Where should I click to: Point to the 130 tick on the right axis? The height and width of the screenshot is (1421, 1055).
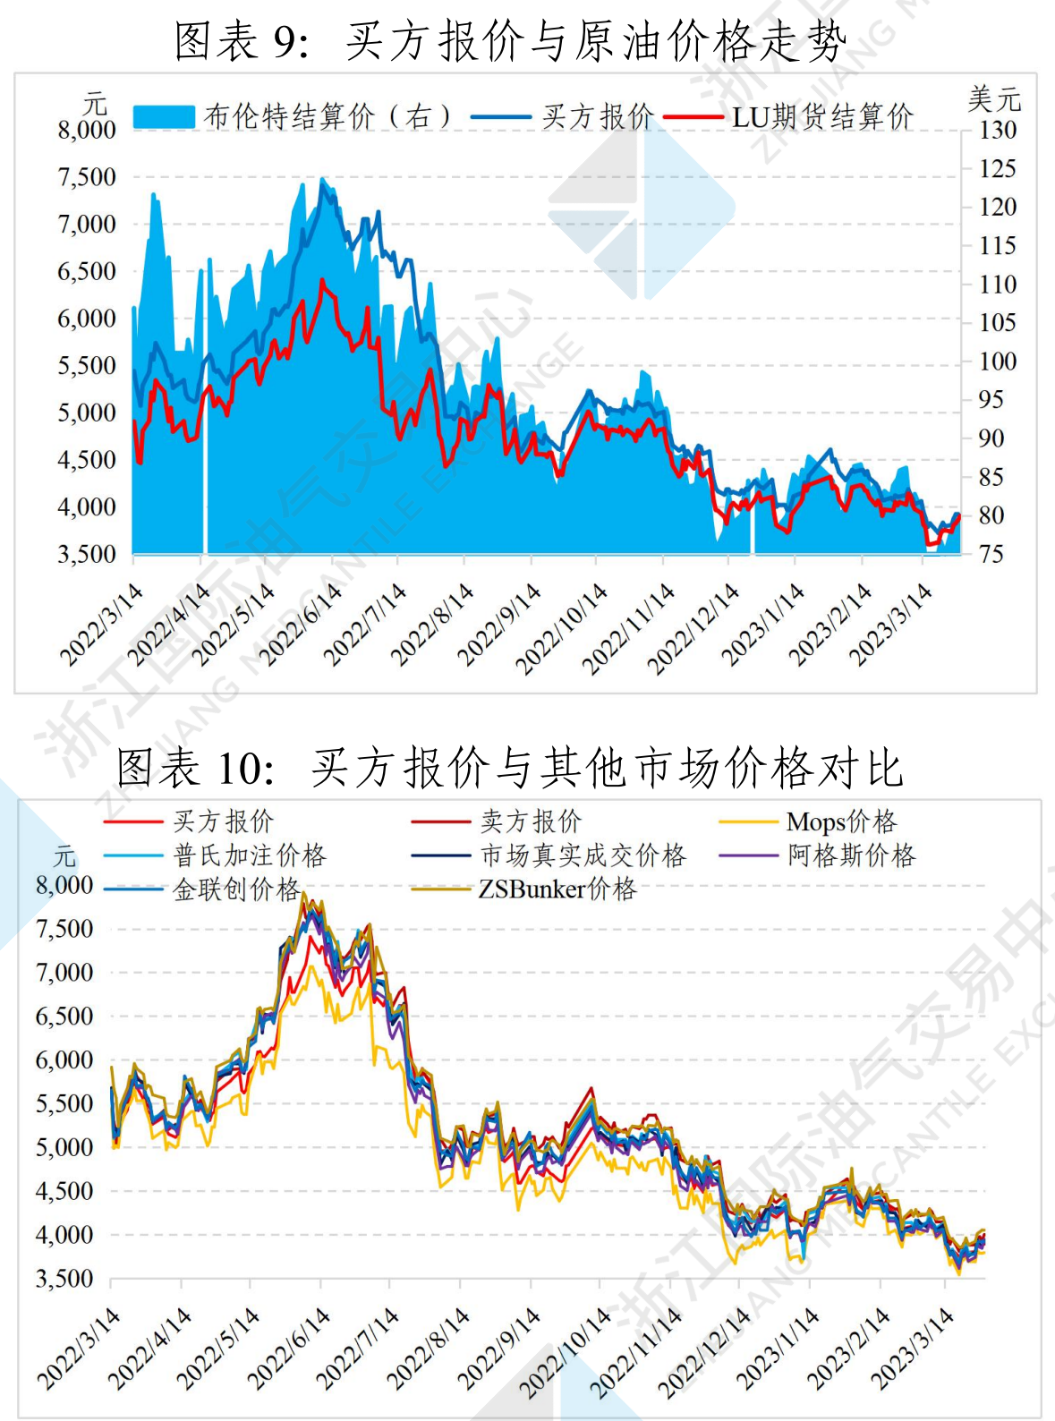point(997,130)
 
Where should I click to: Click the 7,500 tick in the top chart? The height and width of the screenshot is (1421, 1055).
point(87,177)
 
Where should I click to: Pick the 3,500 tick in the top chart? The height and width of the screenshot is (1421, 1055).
point(87,554)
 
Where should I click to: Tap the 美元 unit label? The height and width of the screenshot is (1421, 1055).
point(994,98)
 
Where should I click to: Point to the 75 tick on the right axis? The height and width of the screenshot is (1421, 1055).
point(991,554)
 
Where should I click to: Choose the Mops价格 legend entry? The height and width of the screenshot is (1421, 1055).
point(841,821)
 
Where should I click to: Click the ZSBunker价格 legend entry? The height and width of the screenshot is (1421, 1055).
point(557,889)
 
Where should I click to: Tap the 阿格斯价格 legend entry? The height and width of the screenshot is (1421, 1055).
point(851,855)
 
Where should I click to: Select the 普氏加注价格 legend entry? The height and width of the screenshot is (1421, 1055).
point(250,855)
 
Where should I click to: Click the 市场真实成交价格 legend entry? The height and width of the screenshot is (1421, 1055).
point(583,855)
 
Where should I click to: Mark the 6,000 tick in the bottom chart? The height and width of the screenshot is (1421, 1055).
point(64,1059)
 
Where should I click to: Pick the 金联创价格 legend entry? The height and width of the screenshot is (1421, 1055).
point(236,889)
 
